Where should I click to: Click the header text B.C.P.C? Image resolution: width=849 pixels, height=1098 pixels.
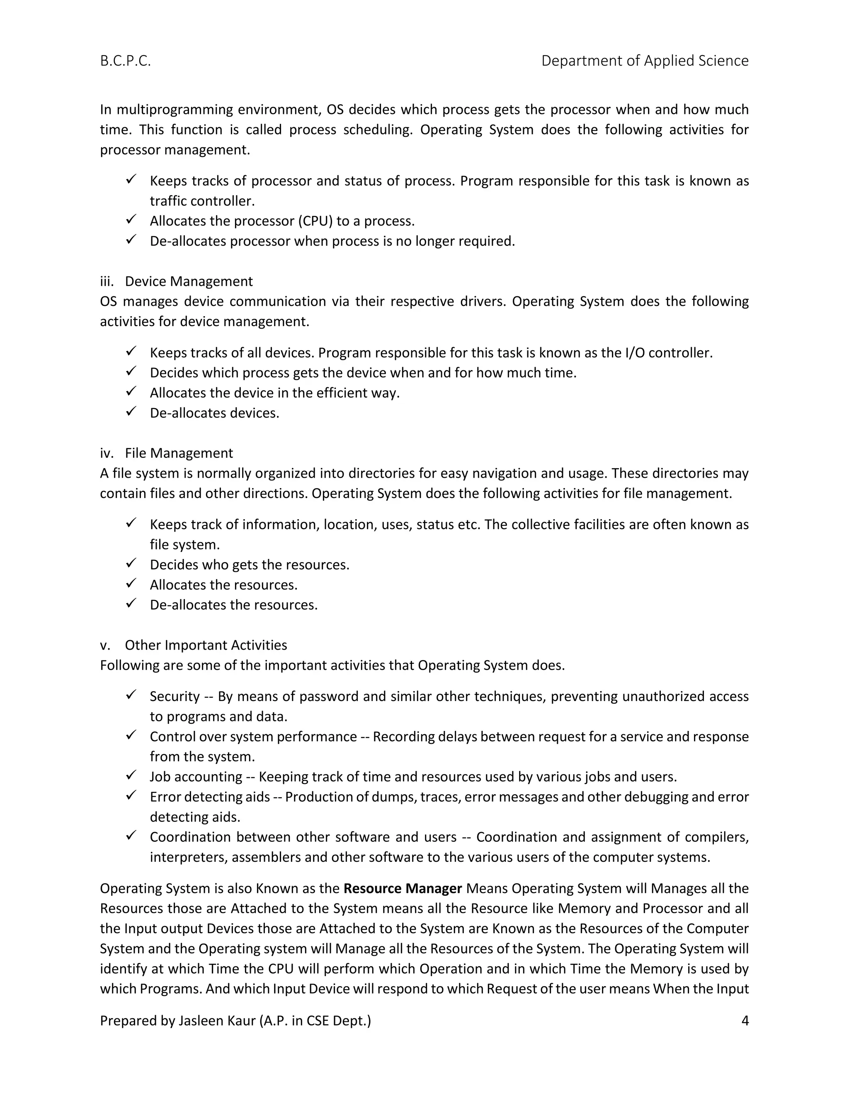125,61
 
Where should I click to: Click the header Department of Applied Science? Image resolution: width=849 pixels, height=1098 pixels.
644,61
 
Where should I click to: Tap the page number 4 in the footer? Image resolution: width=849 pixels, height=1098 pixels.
745,1020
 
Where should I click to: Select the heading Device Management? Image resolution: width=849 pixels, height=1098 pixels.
189,281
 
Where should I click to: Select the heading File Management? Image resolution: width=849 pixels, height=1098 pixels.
179,453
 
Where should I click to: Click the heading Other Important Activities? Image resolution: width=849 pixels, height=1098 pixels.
206,645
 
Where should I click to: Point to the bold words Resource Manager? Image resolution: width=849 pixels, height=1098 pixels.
403,888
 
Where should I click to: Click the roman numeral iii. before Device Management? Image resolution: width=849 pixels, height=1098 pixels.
107,281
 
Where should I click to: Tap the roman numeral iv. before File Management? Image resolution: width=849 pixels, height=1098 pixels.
107,453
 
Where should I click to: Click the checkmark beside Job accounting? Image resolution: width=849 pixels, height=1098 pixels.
131,775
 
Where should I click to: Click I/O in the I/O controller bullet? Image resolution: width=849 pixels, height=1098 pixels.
635,353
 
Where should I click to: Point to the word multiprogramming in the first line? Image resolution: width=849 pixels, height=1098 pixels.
175,110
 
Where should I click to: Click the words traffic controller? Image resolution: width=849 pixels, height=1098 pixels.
202,201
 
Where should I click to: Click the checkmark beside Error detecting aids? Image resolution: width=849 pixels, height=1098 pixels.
131,796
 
